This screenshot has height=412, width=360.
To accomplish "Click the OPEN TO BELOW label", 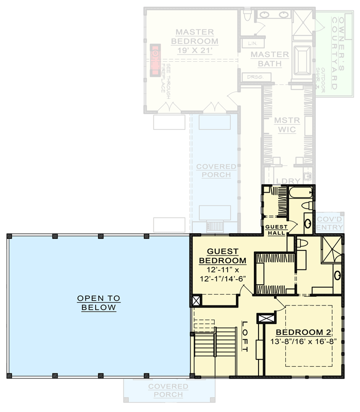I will click(x=98, y=303).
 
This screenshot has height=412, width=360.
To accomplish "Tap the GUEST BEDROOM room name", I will click(x=222, y=256).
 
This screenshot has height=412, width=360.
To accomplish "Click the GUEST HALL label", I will click(x=278, y=229).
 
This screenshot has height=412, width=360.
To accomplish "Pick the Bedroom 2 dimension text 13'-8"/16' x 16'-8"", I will click(x=303, y=341).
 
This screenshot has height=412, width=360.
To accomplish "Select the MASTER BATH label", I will click(x=270, y=59).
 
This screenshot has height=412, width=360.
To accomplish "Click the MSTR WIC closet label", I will click(x=285, y=125).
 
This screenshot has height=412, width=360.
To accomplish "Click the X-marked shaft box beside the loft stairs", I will click(x=196, y=301).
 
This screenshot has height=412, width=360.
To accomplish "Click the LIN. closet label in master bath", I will click(x=252, y=43).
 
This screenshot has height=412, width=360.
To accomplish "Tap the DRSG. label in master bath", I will click(x=252, y=77).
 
